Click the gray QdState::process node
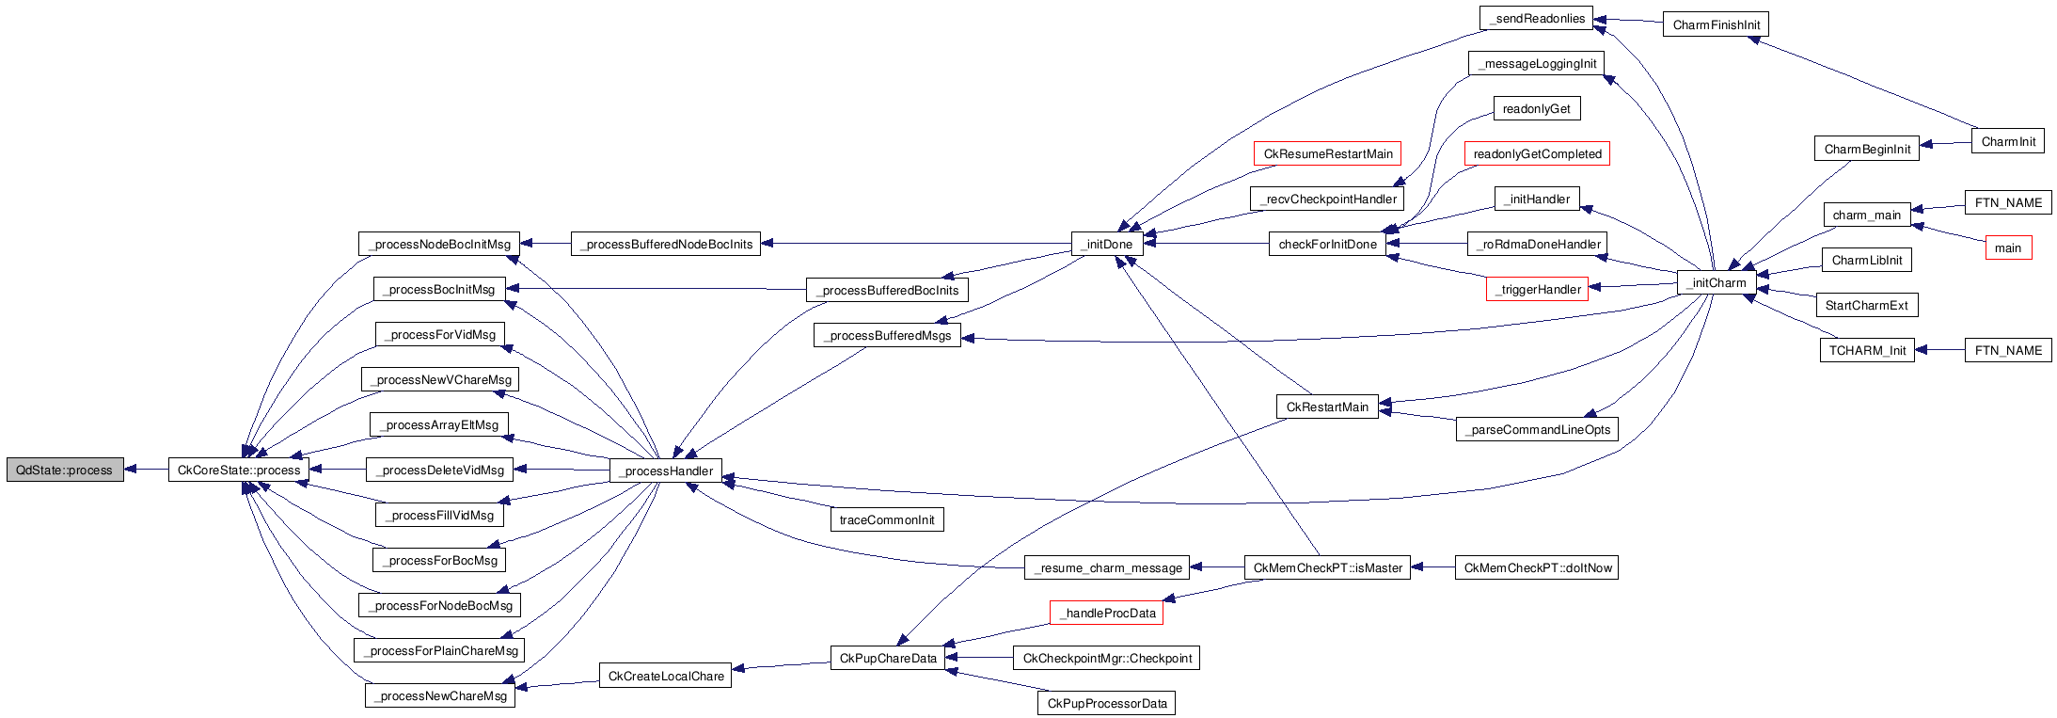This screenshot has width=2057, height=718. click(x=65, y=470)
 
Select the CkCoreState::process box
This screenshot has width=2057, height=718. click(x=239, y=470)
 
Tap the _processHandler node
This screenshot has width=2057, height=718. click(x=666, y=471)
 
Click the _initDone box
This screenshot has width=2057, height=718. click(x=1107, y=244)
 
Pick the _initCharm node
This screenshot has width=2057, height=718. click(x=1717, y=282)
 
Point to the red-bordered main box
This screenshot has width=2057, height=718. click(x=2008, y=247)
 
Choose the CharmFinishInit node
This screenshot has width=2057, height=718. click(x=1717, y=24)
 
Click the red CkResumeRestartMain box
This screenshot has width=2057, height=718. click(x=1327, y=153)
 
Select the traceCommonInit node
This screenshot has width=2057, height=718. click(x=887, y=519)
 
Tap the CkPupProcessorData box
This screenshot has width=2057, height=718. click(x=1107, y=703)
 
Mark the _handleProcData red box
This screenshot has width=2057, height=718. click(x=1107, y=613)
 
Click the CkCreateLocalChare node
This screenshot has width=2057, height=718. click(x=666, y=676)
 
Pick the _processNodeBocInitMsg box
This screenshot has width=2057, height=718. click(x=439, y=244)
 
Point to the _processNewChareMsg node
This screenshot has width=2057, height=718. click(x=440, y=695)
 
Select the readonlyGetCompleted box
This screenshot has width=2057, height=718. click(x=1537, y=153)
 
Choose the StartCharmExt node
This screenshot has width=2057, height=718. click(x=1866, y=305)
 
